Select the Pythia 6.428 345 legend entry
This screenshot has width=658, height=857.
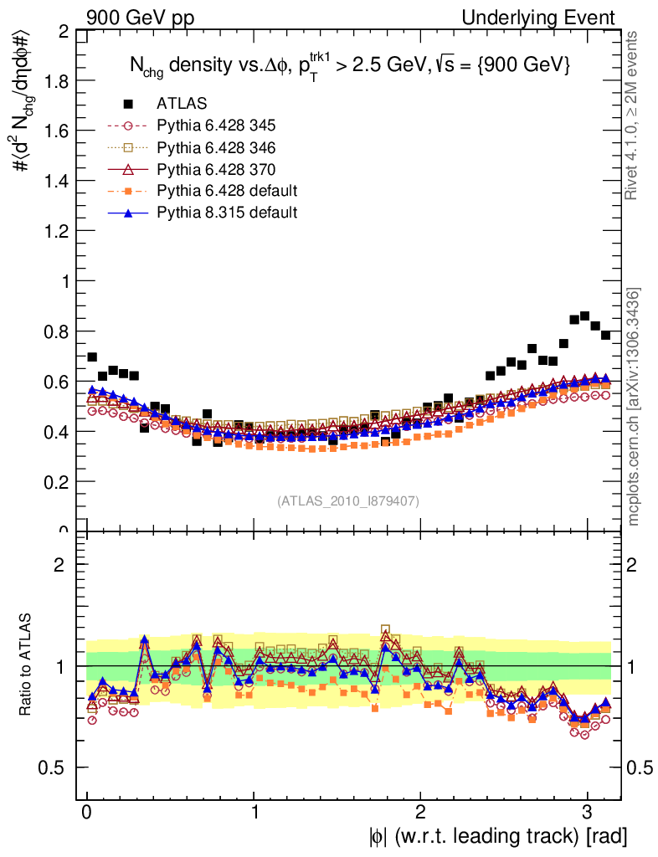pos(215,126)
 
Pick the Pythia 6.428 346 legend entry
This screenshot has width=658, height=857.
pos(215,147)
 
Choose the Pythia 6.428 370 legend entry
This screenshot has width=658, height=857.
pos(215,169)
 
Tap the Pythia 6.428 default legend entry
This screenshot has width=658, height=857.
pos(226,191)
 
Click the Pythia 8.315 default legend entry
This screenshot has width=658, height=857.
pos(226,213)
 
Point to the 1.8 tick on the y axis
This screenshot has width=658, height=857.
pos(59,81)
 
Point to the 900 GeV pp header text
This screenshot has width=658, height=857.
pos(134,18)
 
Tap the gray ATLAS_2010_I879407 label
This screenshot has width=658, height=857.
pos(347,501)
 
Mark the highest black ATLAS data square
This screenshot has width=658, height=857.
pos(584,316)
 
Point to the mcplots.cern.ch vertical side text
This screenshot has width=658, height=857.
pos(634,407)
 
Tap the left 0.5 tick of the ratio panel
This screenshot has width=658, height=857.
pos(59,767)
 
